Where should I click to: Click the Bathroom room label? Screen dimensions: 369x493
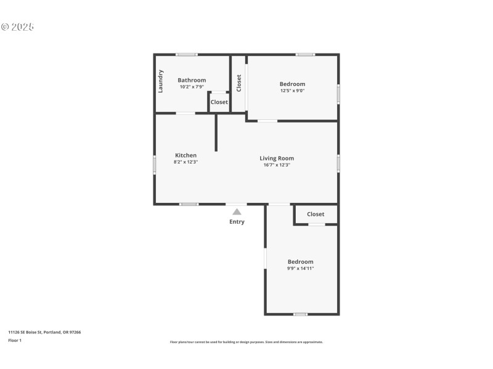point(192,80)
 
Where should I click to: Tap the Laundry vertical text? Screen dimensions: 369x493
point(161,81)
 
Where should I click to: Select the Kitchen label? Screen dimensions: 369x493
point(185,156)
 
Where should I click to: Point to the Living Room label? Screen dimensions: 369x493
point(276,158)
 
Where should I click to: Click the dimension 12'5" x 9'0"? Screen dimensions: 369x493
point(292,91)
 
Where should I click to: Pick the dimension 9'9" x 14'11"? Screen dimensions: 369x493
point(300,269)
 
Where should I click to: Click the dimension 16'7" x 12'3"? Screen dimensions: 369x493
point(276,165)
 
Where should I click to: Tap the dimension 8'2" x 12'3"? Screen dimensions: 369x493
point(185,162)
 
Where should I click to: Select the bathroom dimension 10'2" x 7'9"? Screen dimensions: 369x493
point(192,87)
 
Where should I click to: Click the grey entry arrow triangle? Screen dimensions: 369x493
point(237,212)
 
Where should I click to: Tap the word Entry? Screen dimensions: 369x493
point(237,222)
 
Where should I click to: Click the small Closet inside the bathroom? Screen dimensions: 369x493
point(219,102)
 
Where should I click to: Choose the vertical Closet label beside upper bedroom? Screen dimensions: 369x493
point(238,83)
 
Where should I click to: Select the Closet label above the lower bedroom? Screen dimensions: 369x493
point(316,214)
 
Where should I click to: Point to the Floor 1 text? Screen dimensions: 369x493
point(15,340)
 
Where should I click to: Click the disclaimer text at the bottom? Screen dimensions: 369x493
point(246,342)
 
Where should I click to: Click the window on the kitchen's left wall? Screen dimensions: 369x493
point(154,165)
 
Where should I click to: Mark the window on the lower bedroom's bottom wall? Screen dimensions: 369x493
point(300,314)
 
